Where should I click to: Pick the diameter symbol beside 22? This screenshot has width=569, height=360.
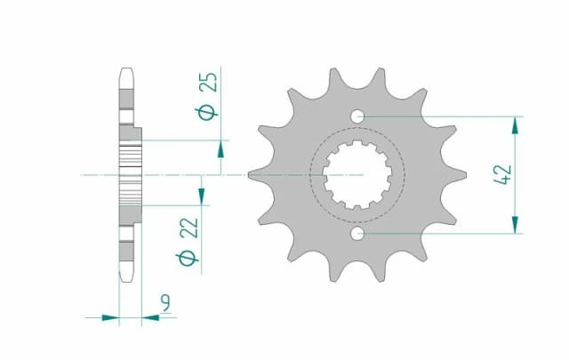point(188,258)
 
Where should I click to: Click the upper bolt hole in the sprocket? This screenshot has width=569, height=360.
point(357,116)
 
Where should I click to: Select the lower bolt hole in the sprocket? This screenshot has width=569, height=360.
point(357,234)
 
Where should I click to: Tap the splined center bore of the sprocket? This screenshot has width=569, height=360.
point(357,175)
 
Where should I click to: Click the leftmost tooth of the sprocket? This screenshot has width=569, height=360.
point(253,175)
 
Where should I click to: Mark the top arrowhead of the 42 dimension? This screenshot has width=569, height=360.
point(515,123)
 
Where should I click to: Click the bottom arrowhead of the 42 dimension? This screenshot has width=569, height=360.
point(515,228)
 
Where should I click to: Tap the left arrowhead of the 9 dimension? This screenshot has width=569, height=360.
point(110,316)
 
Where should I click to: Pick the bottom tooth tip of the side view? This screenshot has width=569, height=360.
point(125,278)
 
